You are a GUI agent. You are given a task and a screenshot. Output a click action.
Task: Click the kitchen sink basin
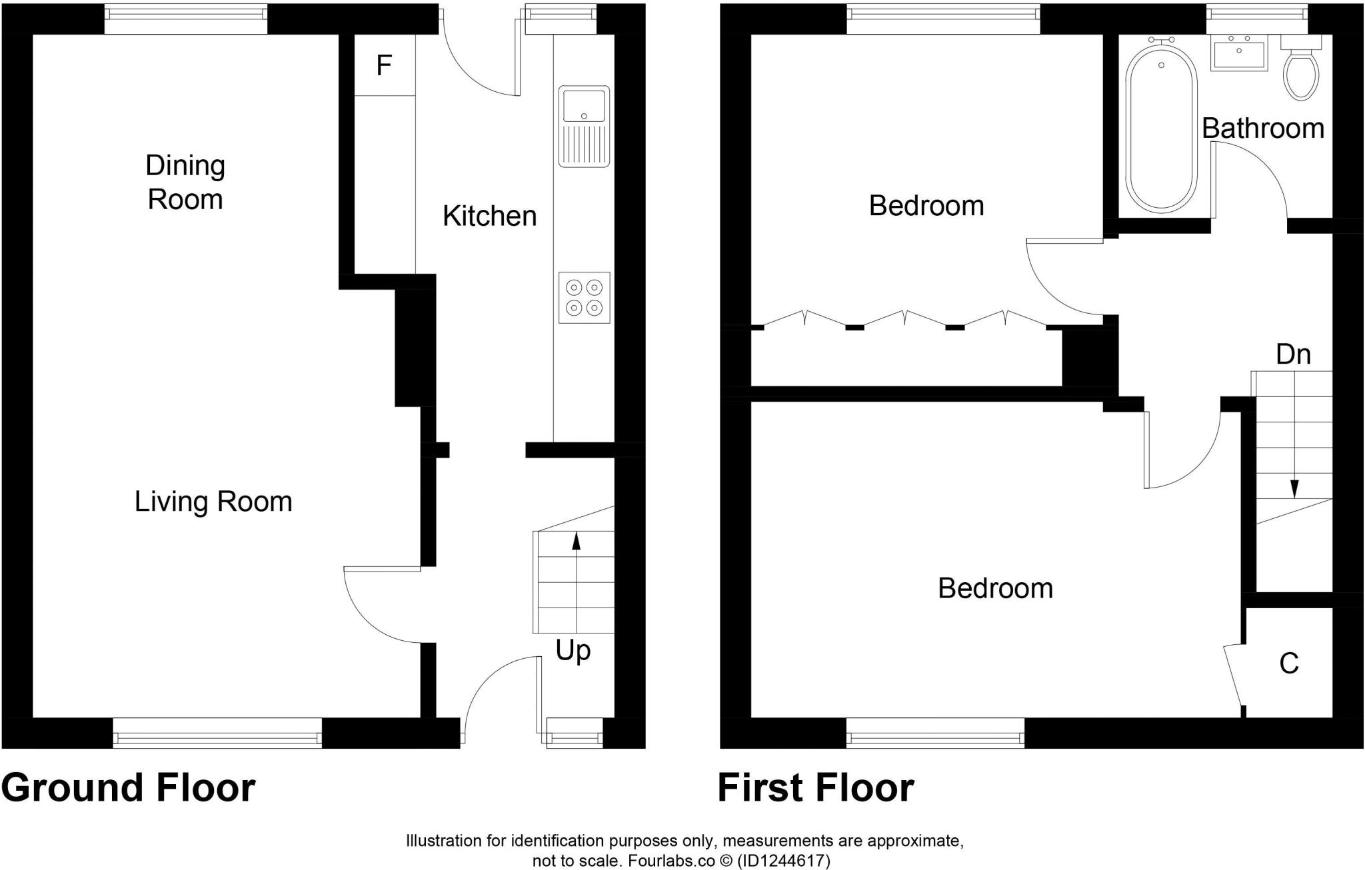pyautogui.click(x=584, y=105)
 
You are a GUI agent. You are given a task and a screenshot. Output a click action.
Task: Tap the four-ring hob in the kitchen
pyautogui.click(x=584, y=297)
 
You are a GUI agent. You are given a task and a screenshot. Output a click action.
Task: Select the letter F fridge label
pyautogui.click(x=383, y=65)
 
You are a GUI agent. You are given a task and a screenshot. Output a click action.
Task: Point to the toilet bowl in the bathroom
pyautogui.click(x=1301, y=77)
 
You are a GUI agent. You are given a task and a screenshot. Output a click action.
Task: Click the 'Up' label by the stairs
pyautogui.click(x=573, y=651)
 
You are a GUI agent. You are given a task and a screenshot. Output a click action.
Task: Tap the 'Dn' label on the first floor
pyautogui.click(x=1293, y=354)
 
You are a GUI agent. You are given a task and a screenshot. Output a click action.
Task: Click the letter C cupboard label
pyautogui.click(x=1289, y=663)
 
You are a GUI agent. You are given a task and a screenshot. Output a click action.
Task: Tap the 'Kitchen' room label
pyautogui.click(x=490, y=217)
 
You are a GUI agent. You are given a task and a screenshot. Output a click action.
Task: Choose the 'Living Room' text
pyautogui.click(x=213, y=502)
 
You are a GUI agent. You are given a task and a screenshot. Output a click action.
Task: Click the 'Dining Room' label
pyautogui.click(x=185, y=183)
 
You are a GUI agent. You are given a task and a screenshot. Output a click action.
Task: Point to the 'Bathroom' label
pyautogui.click(x=1263, y=129)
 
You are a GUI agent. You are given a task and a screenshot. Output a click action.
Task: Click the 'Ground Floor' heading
pyautogui.click(x=128, y=788)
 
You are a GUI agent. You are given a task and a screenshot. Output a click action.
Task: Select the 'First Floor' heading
pyautogui.click(x=816, y=788)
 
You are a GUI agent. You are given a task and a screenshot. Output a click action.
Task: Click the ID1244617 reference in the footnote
pyautogui.click(x=783, y=861)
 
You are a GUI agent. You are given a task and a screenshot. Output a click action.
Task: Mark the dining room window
pyautogui.click(x=186, y=19)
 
